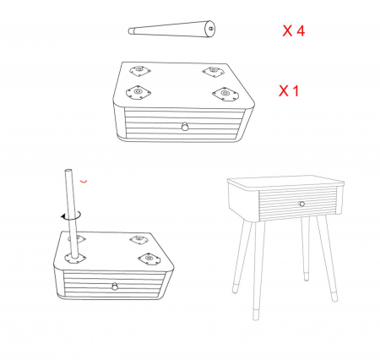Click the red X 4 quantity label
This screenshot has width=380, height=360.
[293, 30]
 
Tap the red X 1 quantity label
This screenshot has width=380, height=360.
[289, 91]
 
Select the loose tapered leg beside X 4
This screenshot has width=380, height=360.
[171, 29]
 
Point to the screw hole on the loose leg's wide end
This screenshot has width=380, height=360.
[211, 28]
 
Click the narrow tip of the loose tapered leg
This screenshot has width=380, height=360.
[130, 31]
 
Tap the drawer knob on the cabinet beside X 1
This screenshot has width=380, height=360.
[185, 126]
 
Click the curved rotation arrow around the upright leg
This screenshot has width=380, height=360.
[72, 215]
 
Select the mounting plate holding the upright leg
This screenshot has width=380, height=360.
[75, 258]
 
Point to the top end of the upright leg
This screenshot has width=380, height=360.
[68, 171]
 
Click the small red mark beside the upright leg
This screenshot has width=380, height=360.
[84, 181]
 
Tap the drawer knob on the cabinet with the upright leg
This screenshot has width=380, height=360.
[115, 286]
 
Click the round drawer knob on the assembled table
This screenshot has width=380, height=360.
[301, 204]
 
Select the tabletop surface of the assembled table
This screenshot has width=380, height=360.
[285, 183]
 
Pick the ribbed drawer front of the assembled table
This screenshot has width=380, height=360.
[298, 203]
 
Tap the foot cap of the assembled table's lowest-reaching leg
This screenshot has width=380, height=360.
[256, 314]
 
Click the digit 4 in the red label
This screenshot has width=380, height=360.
[301, 30]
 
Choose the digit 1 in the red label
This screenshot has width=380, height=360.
[296, 91]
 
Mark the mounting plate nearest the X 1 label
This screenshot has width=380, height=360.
[225, 94]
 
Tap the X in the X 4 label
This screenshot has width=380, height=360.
[287, 30]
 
